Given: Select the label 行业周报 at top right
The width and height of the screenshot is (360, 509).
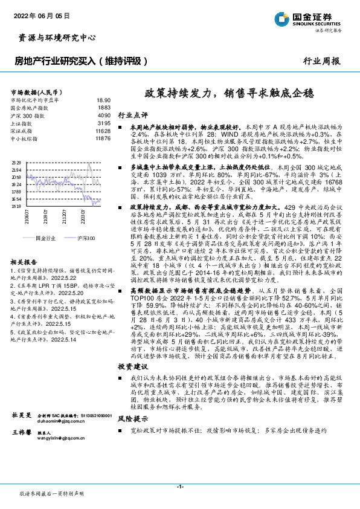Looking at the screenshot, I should click(321, 61).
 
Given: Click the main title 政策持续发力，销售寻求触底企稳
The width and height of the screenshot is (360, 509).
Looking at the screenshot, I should click(228, 93).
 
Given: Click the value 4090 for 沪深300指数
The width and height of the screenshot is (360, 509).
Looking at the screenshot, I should click(104, 115).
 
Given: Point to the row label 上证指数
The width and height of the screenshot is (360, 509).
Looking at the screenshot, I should click(22, 123).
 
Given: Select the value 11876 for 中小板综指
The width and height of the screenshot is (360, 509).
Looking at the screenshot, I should click(103, 138).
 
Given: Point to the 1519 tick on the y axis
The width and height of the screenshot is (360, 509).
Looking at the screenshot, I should click(16, 206).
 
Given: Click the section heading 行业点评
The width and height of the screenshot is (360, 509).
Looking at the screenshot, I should click(132, 114).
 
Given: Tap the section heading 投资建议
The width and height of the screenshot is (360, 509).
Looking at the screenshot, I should click(132, 367).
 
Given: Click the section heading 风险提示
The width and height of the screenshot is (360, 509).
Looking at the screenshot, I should click(132, 418).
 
